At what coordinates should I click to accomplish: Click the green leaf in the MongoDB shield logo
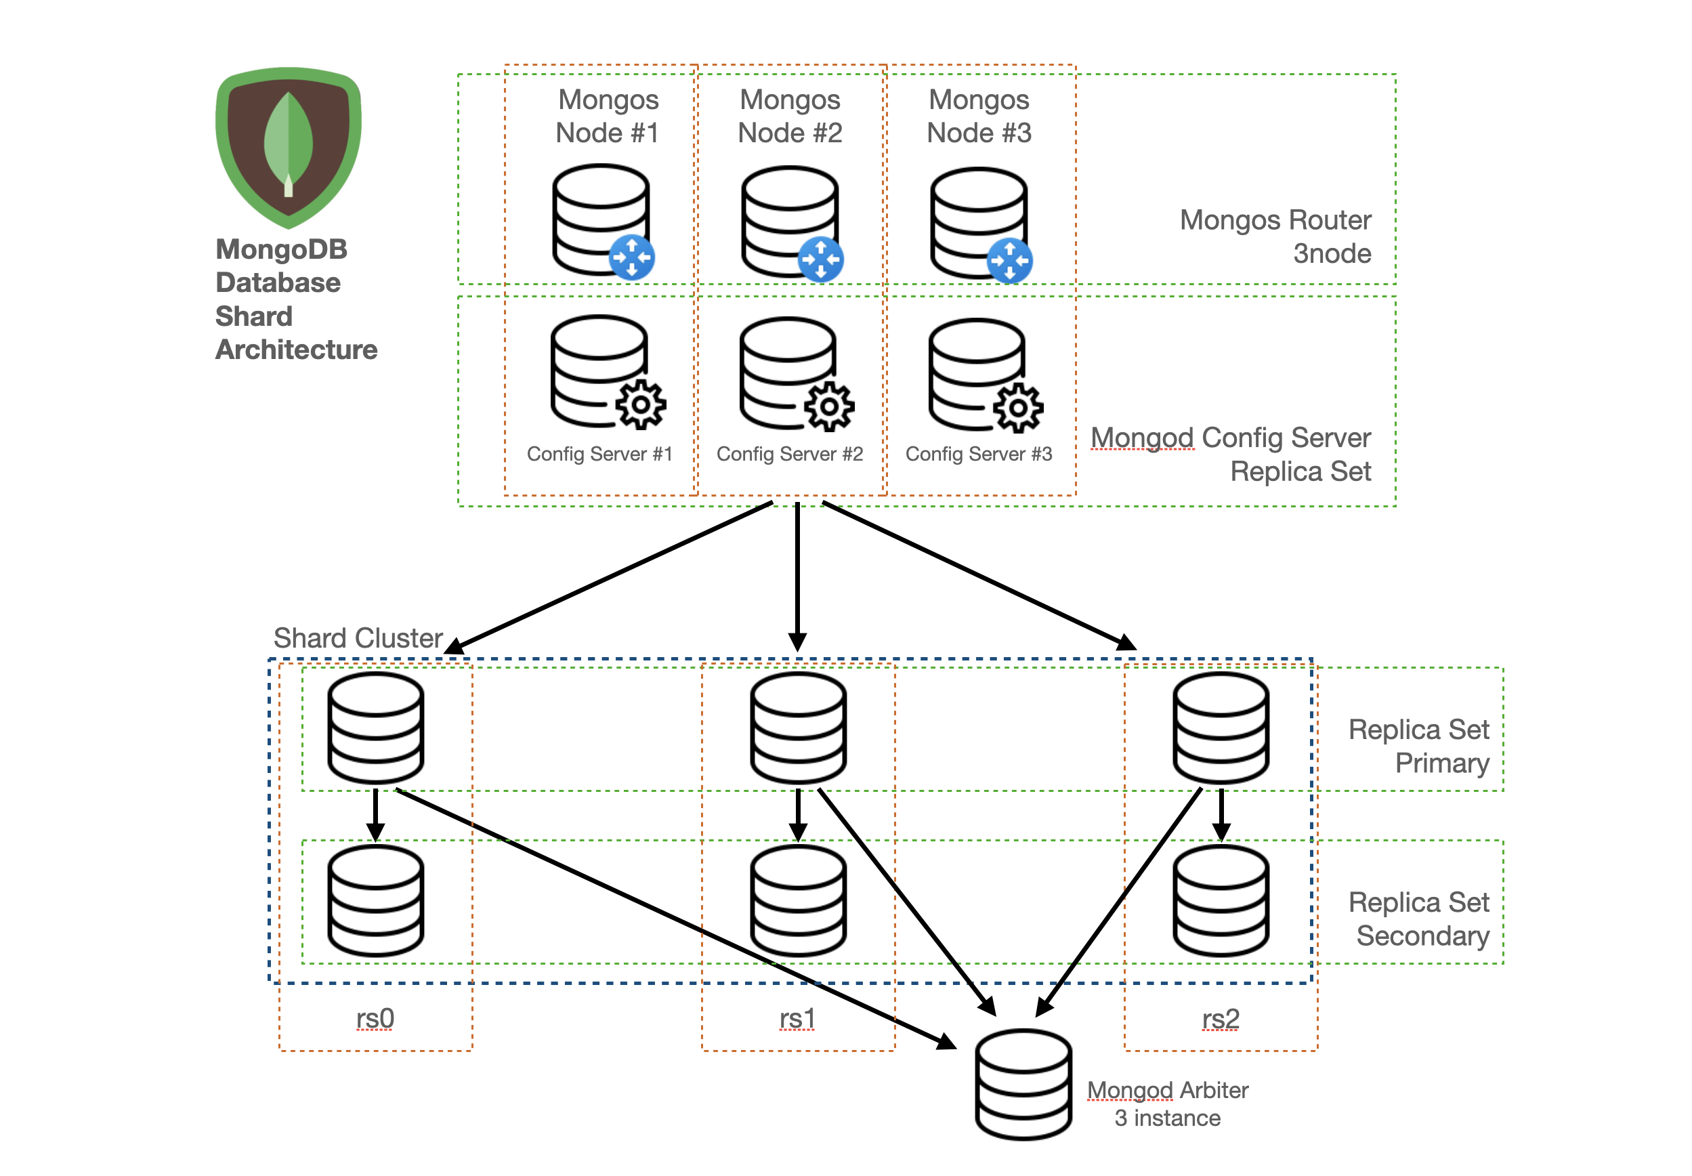pos(288,140)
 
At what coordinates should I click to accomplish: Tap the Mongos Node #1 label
pos(607,116)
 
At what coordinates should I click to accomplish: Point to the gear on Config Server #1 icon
pos(640,404)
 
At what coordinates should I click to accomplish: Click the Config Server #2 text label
pos(789,453)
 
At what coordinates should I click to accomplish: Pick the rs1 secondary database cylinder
pos(797,900)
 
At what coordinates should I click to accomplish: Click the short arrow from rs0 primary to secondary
pos(375,814)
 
